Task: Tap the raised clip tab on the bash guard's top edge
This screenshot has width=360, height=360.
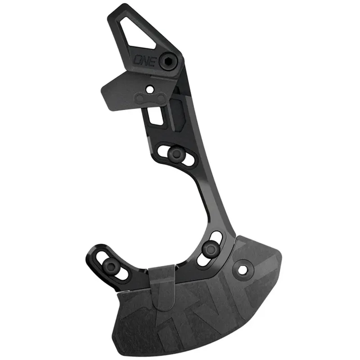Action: [162, 285]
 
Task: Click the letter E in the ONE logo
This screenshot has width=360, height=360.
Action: [152, 61]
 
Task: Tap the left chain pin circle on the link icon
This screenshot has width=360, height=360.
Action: [140, 99]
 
